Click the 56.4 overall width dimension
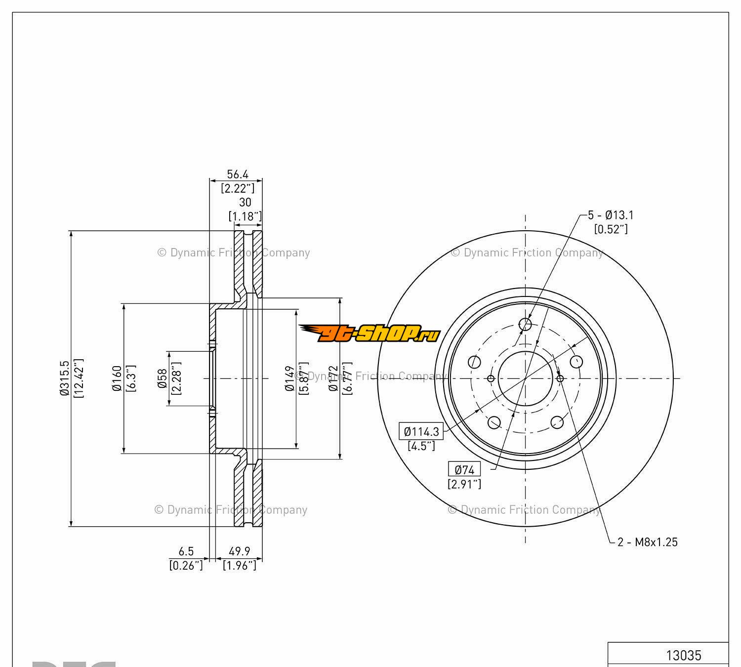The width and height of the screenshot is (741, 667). [x=237, y=174]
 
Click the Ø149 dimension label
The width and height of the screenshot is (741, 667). [x=290, y=378]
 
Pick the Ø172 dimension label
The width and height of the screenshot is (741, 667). [x=333, y=378]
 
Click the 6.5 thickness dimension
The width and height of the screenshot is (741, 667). [x=186, y=551]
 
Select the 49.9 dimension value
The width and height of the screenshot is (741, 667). [x=240, y=551]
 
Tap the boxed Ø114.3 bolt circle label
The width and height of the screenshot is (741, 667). [x=421, y=431]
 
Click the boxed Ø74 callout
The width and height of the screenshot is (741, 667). [x=464, y=469]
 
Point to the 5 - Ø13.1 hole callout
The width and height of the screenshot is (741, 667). [x=611, y=215]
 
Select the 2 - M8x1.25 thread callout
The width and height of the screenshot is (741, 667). [x=648, y=542]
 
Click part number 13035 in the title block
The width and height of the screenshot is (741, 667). [x=683, y=655]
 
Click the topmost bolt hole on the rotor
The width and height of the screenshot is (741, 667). [x=526, y=325]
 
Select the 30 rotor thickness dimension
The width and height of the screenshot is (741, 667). [x=245, y=202]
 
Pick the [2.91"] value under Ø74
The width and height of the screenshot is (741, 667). [x=464, y=484]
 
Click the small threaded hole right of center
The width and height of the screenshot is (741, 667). [x=560, y=378]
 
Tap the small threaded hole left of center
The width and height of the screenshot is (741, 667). [x=491, y=378]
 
